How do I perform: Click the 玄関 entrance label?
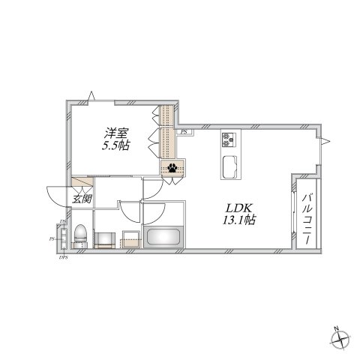coord(81,199)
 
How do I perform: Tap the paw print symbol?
coord(172,168)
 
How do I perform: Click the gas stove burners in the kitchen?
coord(229,140)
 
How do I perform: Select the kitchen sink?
coord(229,163)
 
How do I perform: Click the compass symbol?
coord(341,339)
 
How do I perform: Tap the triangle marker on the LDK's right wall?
coord(326,141)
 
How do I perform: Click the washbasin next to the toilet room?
coord(104,238)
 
